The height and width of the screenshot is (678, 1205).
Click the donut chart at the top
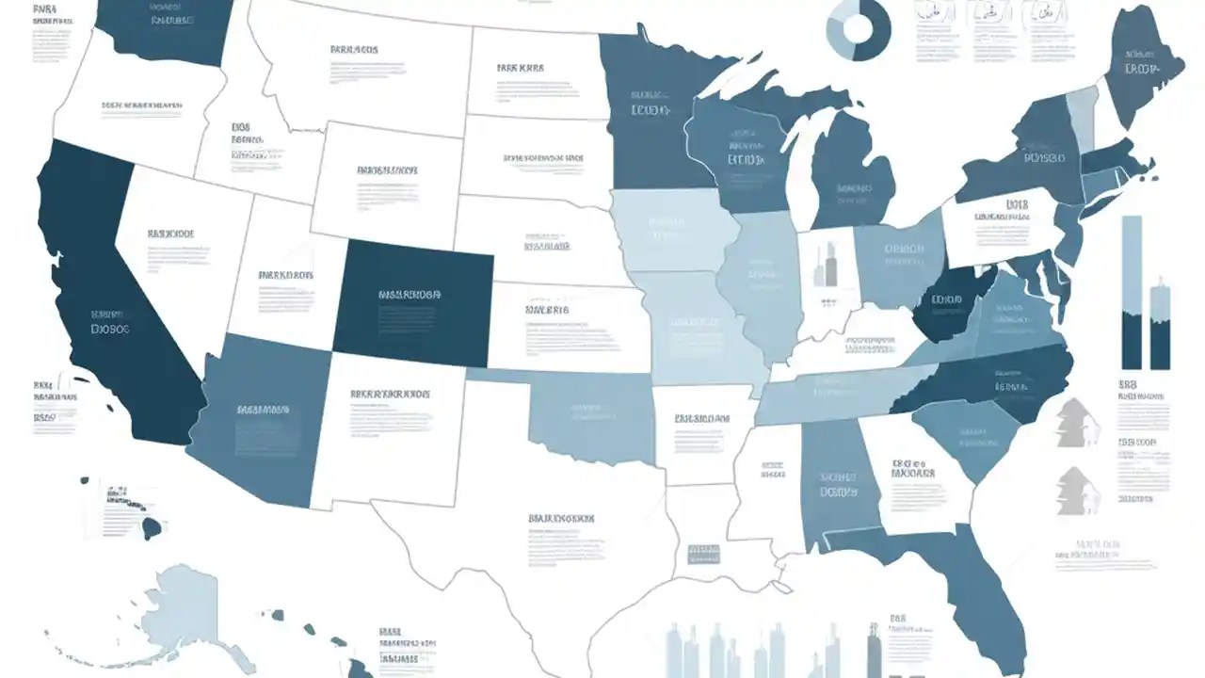click(x=858, y=28)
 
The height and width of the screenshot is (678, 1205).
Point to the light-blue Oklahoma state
click(x=588, y=414)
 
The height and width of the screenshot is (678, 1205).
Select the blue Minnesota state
click(x=650, y=113)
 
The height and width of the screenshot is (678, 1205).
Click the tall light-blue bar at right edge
click(x=1132, y=292)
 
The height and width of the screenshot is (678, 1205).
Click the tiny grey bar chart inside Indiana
click(x=825, y=266)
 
